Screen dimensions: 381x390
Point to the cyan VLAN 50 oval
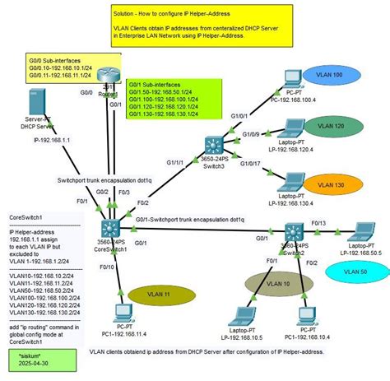coord(355,272)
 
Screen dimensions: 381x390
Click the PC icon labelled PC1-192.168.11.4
coord(123,314)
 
